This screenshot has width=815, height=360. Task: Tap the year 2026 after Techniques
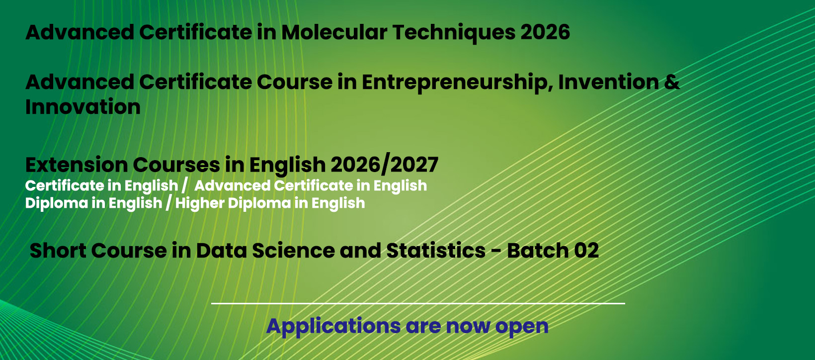pos(545,32)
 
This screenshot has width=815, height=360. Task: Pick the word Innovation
pos(83,106)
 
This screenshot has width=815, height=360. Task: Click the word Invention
pos(609,82)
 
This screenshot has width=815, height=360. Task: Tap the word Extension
pos(77,165)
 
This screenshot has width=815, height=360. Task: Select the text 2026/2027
pos(384,165)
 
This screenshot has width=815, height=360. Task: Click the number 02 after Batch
pos(586,251)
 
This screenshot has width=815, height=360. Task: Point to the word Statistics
pos(435,251)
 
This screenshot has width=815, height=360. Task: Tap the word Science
pos(293,251)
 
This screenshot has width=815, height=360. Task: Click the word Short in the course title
pos(58,251)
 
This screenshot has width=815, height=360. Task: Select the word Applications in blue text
pos(333,327)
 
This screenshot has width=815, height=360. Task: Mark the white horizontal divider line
pos(418,303)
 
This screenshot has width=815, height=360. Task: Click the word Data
pos(222,251)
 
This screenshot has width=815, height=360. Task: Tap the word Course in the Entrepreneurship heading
pos(294,82)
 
